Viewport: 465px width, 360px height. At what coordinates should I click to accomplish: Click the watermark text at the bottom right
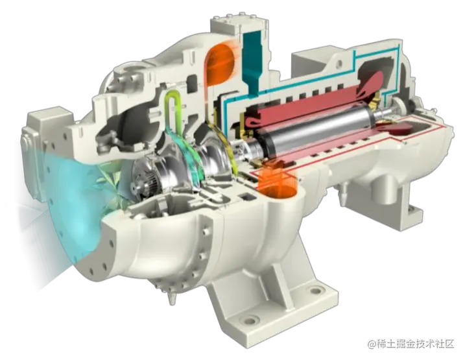point(411,344)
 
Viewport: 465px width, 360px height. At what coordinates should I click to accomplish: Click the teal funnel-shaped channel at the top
point(252,63)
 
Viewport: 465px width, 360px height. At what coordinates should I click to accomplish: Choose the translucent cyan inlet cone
point(74,208)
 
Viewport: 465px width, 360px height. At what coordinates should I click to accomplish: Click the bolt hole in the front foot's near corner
point(249,320)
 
